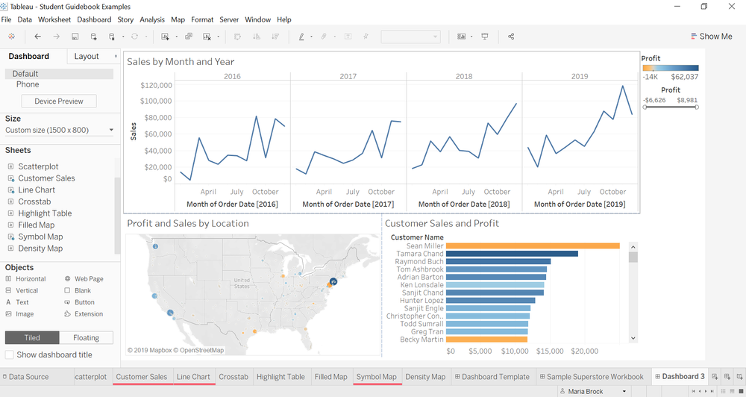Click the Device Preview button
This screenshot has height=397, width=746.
(x=59, y=101)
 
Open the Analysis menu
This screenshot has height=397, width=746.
(x=152, y=19)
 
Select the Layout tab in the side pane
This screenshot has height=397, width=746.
(x=87, y=56)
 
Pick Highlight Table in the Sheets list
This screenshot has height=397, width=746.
(x=45, y=213)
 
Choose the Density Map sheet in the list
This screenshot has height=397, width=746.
(x=40, y=248)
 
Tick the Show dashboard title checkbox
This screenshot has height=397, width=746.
(x=10, y=354)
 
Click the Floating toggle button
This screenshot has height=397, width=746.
(x=87, y=338)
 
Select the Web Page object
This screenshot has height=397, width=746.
(x=89, y=279)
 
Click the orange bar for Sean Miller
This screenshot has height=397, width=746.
(x=533, y=246)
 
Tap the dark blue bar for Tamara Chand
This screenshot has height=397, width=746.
(x=512, y=254)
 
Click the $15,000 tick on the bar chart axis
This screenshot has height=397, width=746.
(x=549, y=351)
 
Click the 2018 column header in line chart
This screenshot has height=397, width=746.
(x=464, y=76)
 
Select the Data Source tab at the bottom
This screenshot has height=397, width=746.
(x=28, y=377)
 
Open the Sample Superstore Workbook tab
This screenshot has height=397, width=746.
(x=595, y=377)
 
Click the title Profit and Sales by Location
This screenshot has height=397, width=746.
(x=188, y=223)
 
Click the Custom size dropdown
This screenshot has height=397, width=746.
(x=59, y=130)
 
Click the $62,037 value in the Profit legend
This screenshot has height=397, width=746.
(x=684, y=77)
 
